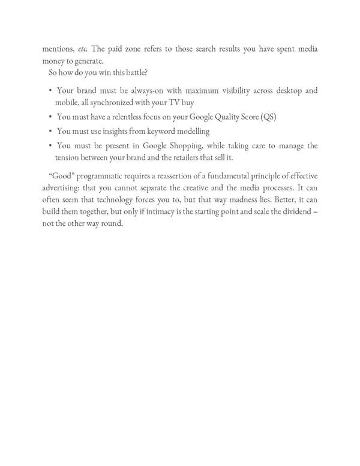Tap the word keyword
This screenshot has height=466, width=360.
[160, 132]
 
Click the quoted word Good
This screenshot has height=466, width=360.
[60, 175]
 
